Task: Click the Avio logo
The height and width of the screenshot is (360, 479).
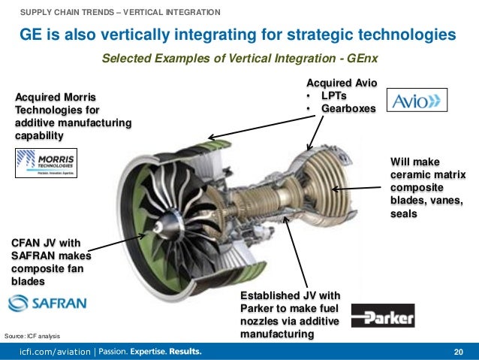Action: click(x=417, y=100)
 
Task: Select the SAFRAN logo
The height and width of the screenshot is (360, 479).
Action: click(x=47, y=303)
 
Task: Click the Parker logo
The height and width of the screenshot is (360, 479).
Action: click(x=382, y=316)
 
